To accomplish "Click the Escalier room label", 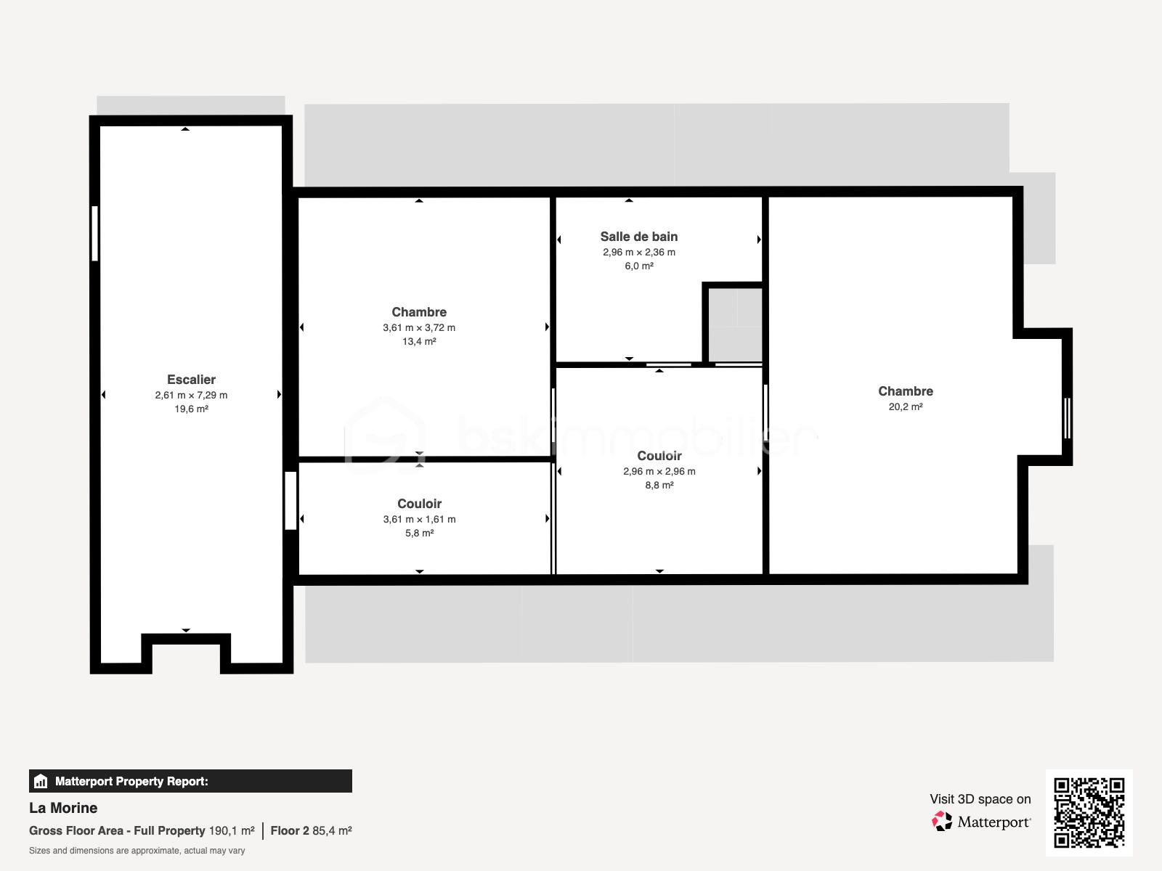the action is click(x=191, y=380).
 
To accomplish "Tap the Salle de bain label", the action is click(x=639, y=237).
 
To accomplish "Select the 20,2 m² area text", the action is click(x=905, y=406).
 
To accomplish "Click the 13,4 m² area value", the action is click(x=419, y=342).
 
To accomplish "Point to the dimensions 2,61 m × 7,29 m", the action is click(x=191, y=395).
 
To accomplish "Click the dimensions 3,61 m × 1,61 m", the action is click(x=419, y=519).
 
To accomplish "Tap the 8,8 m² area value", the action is click(x=659, y=486).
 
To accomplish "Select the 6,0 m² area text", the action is click(x=639, y=266).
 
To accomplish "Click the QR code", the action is click(x=1089, y=812).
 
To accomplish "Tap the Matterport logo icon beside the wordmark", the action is click(x=942, y=822).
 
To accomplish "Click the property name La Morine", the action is click(x=63, y=808).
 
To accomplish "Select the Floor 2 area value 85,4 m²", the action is click(x=332, y=831).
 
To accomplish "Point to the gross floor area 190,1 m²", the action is click(x=232, y=831).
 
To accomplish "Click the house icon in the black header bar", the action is click(x=41, y=781).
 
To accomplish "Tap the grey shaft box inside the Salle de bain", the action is click(x=735, y=324).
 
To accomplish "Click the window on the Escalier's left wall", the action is click(x=94, y=233).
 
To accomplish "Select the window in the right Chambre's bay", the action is click(x=1068, y=418).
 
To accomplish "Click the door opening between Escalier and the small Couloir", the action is click(x=290, y=500).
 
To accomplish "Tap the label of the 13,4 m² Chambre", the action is click(x=419, y=312).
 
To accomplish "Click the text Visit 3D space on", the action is click(x=980, y=799).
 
